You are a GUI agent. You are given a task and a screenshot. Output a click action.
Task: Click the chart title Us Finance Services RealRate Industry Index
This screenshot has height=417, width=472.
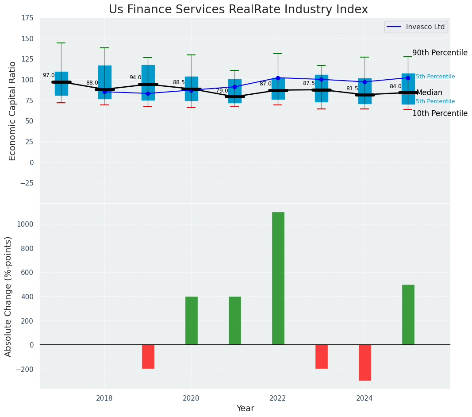pos(238,9)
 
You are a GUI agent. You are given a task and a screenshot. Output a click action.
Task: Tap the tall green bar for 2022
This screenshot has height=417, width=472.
pos(278,278)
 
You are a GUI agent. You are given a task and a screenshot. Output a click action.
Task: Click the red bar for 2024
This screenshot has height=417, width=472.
pos(365,362)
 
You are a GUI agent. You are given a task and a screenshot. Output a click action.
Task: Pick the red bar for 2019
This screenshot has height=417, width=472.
pos(148,356)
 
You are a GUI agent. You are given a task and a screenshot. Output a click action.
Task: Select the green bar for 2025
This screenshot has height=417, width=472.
pos(408,314)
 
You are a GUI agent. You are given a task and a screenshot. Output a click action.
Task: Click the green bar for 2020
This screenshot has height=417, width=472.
pos(191,320)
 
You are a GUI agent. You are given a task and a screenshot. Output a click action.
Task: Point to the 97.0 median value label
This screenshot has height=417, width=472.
pos(49,76)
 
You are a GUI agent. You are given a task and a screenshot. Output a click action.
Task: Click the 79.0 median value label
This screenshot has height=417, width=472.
pos(222,91)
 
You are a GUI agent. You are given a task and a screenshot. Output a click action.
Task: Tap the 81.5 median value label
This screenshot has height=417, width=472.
pos(352,89)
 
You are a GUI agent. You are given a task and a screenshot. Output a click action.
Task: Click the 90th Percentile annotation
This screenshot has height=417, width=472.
pos(439,53)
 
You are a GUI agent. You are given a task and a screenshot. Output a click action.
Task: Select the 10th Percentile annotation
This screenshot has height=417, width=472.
pos(439,114)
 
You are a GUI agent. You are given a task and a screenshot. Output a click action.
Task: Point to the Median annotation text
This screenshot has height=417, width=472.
pos(429,93)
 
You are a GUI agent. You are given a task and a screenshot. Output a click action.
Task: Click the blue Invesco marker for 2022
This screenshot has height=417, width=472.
pos(278,78)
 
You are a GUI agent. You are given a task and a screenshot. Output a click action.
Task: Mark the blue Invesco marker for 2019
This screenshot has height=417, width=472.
pos(148,93)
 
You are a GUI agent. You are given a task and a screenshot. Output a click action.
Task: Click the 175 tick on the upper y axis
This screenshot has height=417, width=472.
pos(27,18)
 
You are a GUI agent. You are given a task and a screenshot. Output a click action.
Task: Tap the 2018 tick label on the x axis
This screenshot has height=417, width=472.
pos(104,398)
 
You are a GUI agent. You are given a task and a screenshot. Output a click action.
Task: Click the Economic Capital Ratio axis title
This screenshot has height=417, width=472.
pos(12,111)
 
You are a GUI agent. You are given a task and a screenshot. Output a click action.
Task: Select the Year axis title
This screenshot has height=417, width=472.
pos(245,409)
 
